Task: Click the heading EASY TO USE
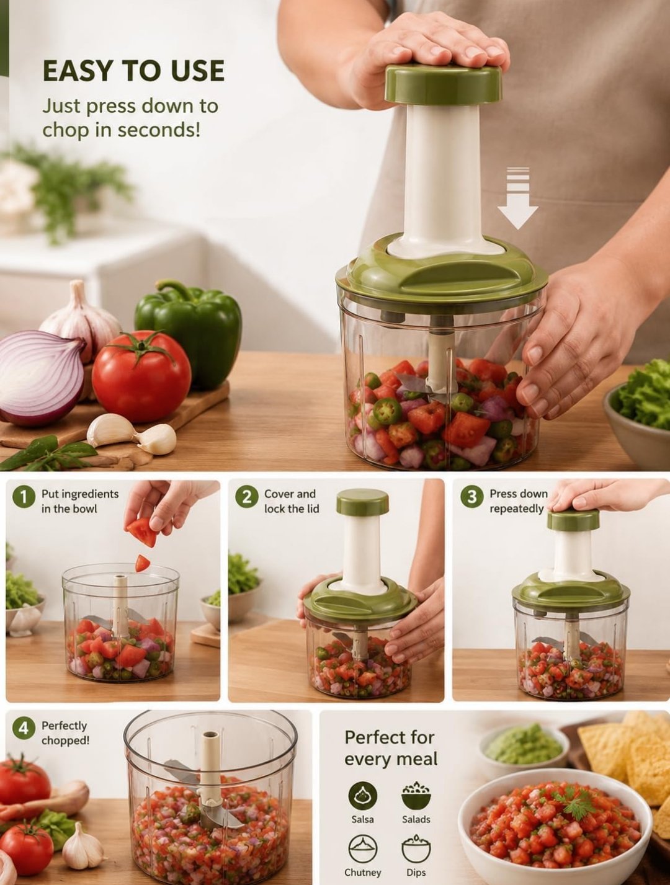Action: click(133, 71)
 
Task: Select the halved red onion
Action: click(42, 378)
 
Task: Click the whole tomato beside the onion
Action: click(141, 376)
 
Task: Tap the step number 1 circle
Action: click(24, 497)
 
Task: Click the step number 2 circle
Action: click(247, 497)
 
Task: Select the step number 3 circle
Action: click(471, 497)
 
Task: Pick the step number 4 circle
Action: click(24, 740)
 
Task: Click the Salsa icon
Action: click(362, 796)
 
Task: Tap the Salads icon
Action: click(416, 796)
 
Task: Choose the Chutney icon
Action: click(362, 848)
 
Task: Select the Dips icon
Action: click(416, 848)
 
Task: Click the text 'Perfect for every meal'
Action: click(391, 749)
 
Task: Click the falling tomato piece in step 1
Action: click(142, 563)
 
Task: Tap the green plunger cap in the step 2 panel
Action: click(362, 502)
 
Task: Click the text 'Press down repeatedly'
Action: click(519, 501)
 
